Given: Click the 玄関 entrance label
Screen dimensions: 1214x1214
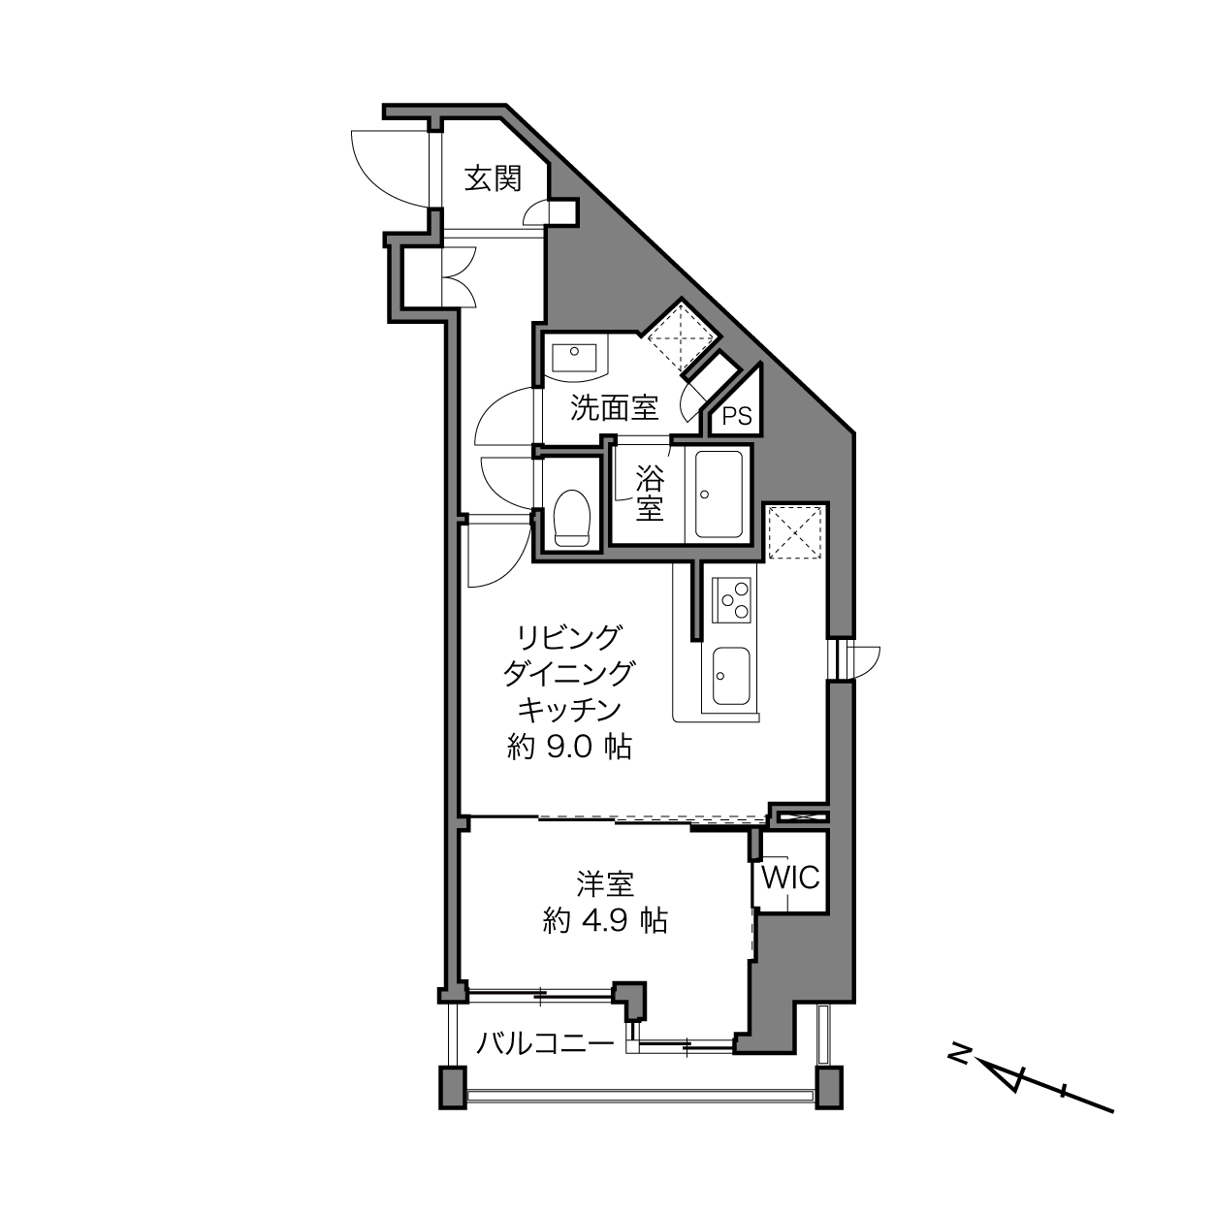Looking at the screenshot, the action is pos(494,179).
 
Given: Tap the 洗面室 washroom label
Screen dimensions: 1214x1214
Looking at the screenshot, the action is pos(614,407).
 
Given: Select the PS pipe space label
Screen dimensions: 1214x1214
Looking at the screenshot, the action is pos(737,416).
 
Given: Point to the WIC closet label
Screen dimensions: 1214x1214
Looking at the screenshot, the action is pos(790,877).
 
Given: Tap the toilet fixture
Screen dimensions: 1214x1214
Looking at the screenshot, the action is pos(571,518).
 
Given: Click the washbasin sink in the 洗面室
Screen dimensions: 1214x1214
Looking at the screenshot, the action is pos(574,358).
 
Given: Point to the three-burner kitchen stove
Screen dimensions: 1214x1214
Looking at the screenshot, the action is pos(731,600).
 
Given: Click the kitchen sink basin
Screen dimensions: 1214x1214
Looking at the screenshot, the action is pos(731,676).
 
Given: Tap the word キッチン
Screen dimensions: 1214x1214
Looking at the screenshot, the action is pos(569,710).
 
